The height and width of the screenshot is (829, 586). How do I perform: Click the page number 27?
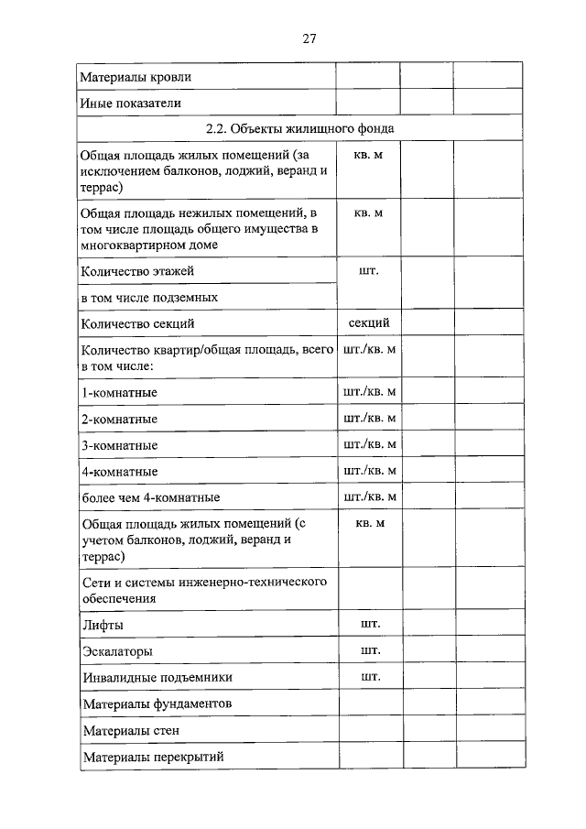click(309, 38)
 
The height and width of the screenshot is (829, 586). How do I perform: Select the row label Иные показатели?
click(130, 103)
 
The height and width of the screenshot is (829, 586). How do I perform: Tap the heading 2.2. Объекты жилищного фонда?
click(300, 128)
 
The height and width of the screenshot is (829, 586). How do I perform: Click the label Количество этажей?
click(137, 271)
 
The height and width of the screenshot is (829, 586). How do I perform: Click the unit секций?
click(369, 322)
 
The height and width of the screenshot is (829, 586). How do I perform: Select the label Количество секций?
click(137, 323)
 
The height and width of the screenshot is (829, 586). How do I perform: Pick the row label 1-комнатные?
click(119, 393)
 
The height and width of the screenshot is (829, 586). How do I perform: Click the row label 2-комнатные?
click(119, 419)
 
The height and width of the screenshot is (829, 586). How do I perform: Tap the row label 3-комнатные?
click(119, 445)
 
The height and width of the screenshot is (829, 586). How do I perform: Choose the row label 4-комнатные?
click(119, 472)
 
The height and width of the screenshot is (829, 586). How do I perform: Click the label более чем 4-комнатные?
click(150, 497)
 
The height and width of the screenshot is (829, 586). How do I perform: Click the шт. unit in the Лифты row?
click(370, 624)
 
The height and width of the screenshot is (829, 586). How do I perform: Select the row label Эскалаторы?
click(117, 651)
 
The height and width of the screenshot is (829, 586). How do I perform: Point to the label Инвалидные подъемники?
click(157, 678)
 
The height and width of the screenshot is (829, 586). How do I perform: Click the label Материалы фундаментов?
click(157, 704)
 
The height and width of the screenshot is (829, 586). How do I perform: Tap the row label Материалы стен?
click(130, 731)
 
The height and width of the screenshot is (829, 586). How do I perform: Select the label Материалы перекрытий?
click(153, 758)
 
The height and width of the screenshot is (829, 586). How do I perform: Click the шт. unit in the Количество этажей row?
click(370, 270)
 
